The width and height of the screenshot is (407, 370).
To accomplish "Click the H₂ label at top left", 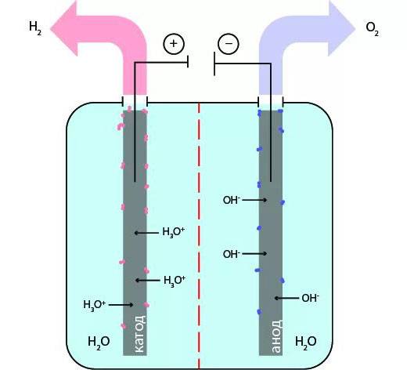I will coord(34,27).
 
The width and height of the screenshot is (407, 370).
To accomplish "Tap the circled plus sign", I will coord(173,44).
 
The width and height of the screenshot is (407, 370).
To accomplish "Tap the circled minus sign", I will coord(229,44).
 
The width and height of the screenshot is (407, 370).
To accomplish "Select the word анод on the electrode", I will coord(276,336).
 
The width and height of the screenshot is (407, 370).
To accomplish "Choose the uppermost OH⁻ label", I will coord(231,201).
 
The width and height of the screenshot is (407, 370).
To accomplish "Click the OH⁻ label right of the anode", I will coord(311,298).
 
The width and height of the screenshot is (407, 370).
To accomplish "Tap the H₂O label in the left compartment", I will coord(99,341).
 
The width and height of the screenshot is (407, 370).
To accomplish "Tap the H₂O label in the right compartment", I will coord(306,341).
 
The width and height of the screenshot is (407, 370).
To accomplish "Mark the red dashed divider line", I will coord(200,235).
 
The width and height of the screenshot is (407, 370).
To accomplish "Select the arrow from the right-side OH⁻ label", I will coord(287,298).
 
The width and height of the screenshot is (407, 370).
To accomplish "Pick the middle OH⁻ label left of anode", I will coord(231,254).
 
